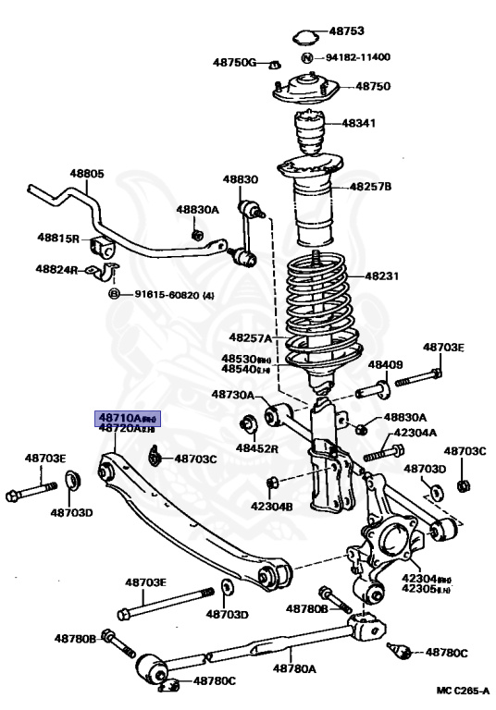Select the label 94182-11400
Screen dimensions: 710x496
pos(357,56)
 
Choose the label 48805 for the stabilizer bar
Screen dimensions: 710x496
pos(87,173)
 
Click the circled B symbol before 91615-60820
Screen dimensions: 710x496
pos(115,294)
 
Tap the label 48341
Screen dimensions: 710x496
pos(358,123)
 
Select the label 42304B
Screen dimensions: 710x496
pos(270,507)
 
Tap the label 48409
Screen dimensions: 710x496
pos(386,364)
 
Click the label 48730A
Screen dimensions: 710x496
pos(233,394)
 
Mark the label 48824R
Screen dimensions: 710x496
pos(58,269)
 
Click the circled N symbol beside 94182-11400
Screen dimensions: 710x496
pos(308,57)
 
